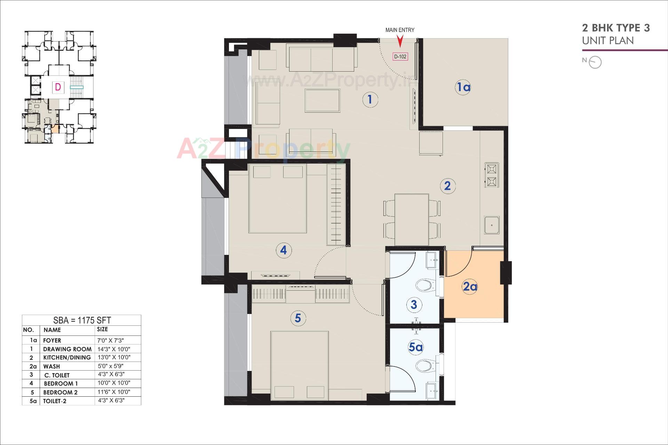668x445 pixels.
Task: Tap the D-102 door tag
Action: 400,57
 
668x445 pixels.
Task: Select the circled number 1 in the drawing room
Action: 369,100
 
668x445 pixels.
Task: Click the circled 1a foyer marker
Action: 463,87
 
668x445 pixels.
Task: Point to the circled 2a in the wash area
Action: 469,287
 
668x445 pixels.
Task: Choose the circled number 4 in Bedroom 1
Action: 284,250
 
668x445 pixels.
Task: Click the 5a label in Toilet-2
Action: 415,347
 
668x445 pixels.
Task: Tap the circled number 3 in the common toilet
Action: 414,305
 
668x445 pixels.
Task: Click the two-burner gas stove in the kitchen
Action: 492,175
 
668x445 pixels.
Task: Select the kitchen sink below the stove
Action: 492,225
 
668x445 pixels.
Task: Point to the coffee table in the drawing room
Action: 323,100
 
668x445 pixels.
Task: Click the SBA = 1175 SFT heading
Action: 82,320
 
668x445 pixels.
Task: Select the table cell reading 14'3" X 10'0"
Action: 114,349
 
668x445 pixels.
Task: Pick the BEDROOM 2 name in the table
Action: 60,392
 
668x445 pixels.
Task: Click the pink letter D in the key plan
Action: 58,87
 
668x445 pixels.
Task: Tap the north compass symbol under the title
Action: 595,62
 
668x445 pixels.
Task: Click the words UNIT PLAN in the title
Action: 608,41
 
